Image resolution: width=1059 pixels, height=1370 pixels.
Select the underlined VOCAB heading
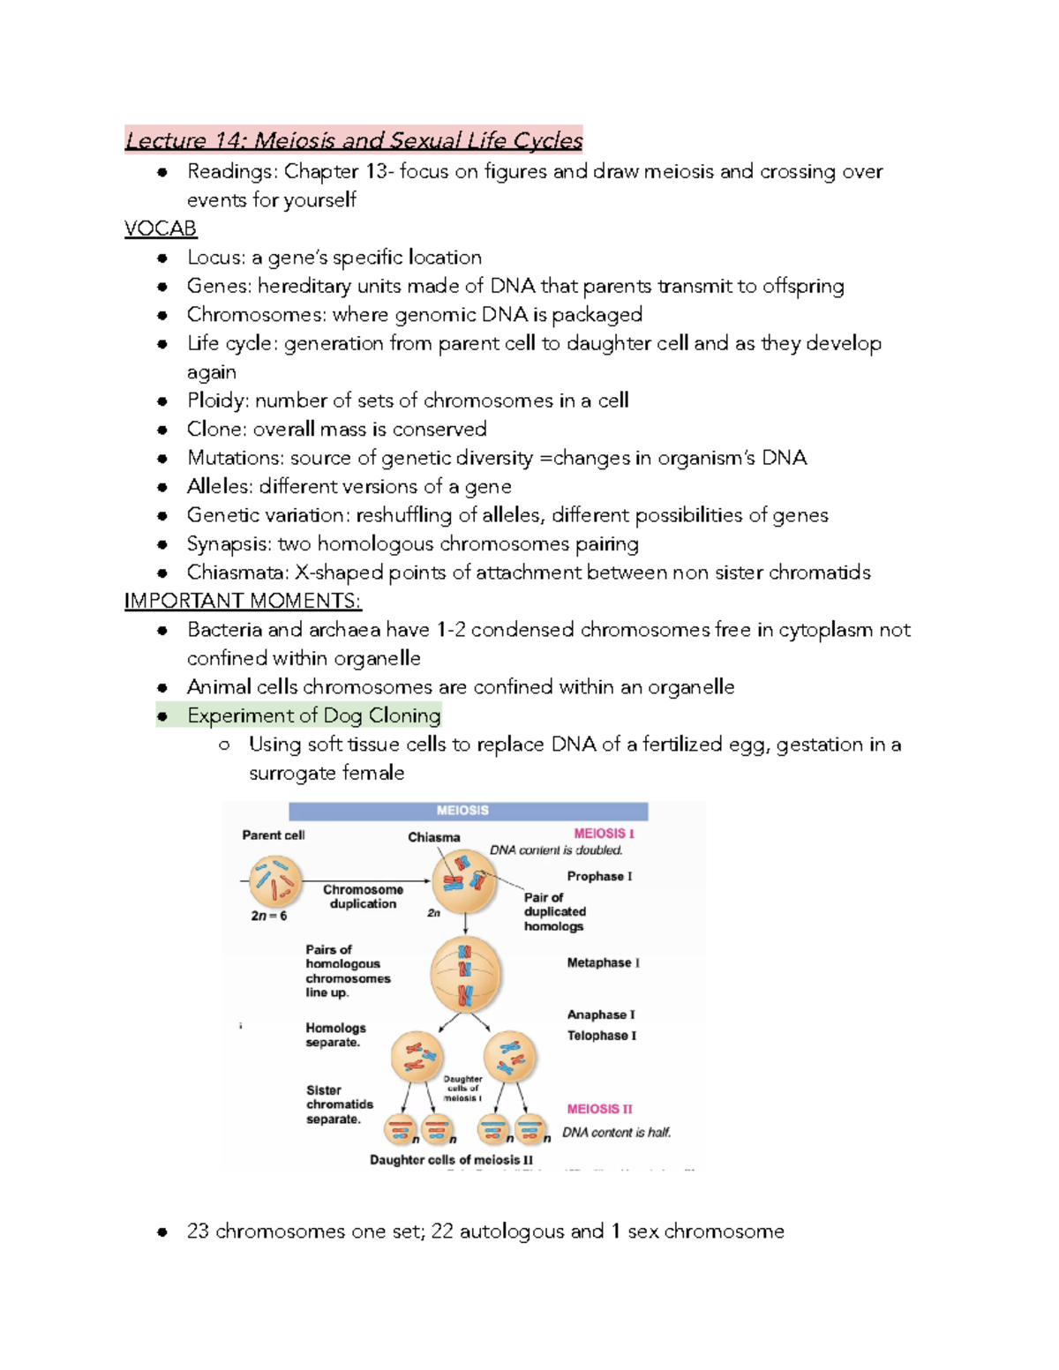161,228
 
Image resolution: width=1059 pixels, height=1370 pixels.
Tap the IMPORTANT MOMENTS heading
243,601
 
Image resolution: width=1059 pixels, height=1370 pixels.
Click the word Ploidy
217,401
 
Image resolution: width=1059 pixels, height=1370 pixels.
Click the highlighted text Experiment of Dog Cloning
313,715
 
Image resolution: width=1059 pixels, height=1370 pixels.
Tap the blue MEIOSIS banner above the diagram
468,811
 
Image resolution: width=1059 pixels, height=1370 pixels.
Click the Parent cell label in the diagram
274,835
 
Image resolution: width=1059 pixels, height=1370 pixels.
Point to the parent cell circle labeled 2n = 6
275,881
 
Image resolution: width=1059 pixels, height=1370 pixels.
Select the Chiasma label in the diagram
433,837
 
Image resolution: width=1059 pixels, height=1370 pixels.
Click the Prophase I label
599,876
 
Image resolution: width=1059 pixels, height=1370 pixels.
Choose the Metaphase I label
603,962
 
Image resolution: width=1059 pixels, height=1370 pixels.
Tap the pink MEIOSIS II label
599,1109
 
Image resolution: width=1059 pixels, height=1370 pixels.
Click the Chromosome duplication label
363,896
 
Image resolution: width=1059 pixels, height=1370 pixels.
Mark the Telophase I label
601,1036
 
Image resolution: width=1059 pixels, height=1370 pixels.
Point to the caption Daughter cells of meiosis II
451,1160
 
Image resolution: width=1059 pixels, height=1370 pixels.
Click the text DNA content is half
616,1133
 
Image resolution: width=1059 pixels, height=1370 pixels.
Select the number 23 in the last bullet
198,1232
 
